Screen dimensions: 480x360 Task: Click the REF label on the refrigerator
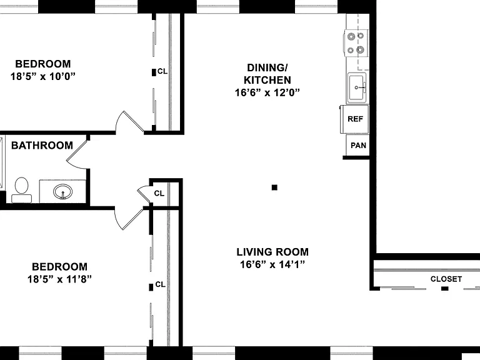355,119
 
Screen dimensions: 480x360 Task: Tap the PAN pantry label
358,146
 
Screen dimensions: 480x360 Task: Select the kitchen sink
357,88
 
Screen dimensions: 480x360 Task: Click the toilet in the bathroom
21,190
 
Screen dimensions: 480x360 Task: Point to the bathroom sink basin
62,192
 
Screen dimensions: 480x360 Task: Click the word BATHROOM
42,145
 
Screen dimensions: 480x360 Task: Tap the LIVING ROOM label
272,252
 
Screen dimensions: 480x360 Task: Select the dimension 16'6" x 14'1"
272,264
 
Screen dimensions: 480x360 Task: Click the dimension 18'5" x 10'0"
43,76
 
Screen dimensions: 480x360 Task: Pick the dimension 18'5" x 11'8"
60,279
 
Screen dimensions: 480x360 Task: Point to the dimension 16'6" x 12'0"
267,92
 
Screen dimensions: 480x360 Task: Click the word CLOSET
446,279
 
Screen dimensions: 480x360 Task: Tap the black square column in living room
274,187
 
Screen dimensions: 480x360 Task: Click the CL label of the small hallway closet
159,194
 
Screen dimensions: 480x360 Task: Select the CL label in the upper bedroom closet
162,71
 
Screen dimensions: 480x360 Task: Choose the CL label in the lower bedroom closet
161,284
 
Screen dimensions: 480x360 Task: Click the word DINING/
267,67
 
